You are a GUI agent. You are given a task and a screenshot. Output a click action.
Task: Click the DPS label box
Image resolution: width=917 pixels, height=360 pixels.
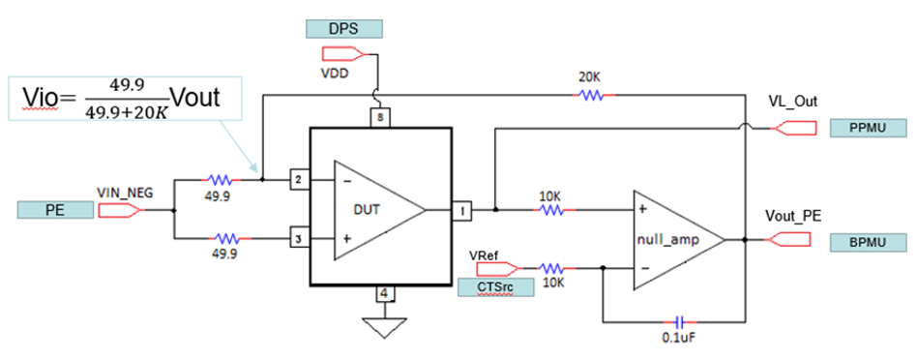[343, 29]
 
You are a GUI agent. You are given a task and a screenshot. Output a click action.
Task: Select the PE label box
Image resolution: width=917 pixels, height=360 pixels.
[56, 208]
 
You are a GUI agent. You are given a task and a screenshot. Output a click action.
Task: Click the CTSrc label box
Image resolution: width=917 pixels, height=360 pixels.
[494, 287]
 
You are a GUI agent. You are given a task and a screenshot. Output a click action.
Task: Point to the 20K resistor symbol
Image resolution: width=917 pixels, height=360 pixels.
[589, 95]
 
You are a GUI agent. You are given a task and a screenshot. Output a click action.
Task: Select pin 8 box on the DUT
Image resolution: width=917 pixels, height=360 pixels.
[381, 117]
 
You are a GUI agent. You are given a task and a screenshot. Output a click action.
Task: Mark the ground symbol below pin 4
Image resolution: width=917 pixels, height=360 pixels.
[385, 327]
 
